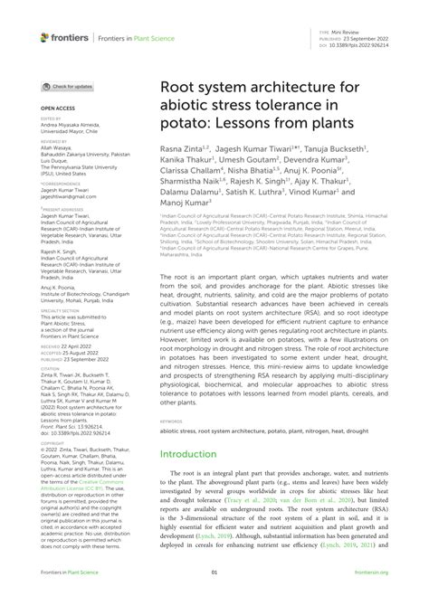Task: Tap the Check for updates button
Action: pyautogui.click(x=67, y=86)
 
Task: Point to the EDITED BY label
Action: pyautogui.click(x=50, y=116)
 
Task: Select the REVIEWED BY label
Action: pyautogui.click(x=53, y=142)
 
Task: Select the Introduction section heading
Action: pyautogui.click(x=195, y=454)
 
